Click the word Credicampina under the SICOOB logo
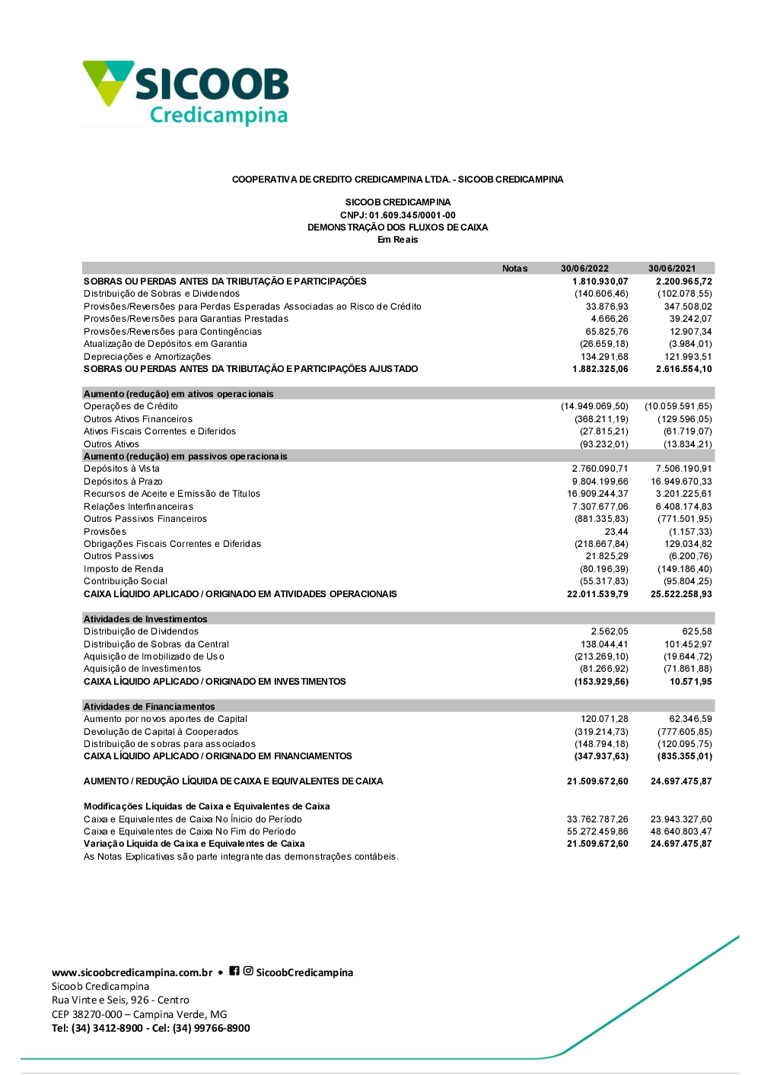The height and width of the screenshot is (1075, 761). coord(218,115)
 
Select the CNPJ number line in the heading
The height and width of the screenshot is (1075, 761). coord(397,215)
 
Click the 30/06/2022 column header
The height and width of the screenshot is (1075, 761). coord(584,269)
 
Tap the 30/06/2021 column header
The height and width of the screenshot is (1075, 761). coord(672,269)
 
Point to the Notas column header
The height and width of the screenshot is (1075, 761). coord(514,269)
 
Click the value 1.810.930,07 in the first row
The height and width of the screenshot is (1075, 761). coord(600,281)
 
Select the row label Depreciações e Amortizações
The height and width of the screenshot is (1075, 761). coord(147,357)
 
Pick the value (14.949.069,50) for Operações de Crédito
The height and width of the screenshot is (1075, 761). coord(594,406)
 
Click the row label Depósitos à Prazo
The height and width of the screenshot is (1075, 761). coord(123,482)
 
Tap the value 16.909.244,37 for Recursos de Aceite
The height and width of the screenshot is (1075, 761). coord(597,494)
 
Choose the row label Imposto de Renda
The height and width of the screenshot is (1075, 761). coord(123,569)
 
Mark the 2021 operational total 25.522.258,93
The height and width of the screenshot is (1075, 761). coord(681,594)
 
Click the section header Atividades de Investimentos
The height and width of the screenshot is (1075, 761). coord(145,619)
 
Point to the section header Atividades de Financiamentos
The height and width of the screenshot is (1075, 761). coord(149,707)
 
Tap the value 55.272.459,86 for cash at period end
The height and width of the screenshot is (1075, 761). coord(597,832)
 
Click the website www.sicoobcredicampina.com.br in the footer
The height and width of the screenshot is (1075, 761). coord(132,972)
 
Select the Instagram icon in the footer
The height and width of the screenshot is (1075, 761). coord(248,971)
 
